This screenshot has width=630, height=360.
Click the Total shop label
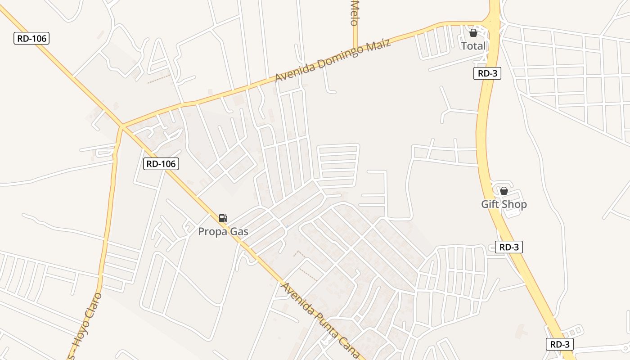473,46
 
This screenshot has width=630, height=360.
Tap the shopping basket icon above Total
473,33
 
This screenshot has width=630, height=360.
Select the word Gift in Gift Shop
490,204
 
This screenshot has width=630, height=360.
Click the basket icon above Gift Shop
504,191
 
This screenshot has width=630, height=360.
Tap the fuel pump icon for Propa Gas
223,218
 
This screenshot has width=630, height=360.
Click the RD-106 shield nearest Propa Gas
161,164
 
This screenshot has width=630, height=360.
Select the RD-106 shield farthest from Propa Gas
31,38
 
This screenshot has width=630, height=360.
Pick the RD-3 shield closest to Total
487,73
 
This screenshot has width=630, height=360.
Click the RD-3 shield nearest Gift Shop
509,247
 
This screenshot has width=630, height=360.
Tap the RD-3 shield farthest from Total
560,345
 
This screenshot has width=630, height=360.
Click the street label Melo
355,13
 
